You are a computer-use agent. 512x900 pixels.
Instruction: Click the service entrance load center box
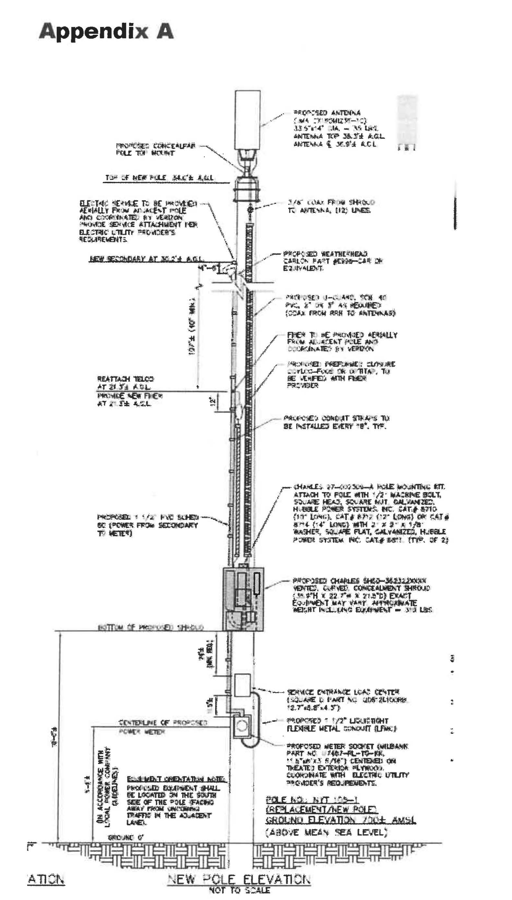[242, 685]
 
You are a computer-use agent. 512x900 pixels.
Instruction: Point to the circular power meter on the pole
[242, 726]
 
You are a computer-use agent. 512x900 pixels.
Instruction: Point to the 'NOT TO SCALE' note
[240, 890]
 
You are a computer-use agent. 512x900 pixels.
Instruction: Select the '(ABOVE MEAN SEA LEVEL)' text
[326, 832]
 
